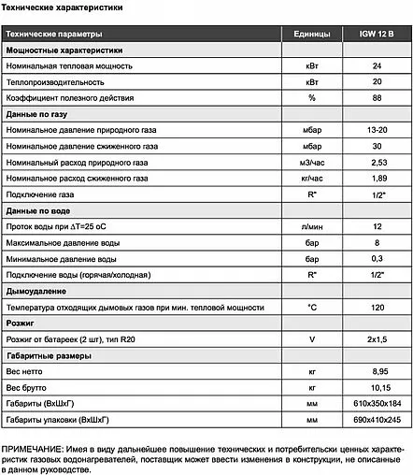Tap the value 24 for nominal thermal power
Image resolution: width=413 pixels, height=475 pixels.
(377, 67)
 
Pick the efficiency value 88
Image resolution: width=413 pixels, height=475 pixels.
(377, 97)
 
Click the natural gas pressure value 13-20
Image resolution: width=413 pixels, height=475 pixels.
(377, 130)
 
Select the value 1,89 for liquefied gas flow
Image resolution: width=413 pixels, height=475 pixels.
(377, 178)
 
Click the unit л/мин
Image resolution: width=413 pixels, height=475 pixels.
(311, 227)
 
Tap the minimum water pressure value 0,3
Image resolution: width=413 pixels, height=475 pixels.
(377, 259)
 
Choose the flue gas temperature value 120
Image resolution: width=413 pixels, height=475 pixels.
(377, 307)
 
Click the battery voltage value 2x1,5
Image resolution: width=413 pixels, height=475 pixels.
(377, 339)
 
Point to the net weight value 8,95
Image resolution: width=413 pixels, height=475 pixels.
(377, 371)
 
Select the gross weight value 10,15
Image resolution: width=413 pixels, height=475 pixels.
(377, 387)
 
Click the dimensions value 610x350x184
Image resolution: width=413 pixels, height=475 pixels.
(377, 403)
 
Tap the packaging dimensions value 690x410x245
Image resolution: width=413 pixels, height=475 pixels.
(377, 419)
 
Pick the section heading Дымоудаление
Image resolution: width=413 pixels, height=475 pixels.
(37, 291)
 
